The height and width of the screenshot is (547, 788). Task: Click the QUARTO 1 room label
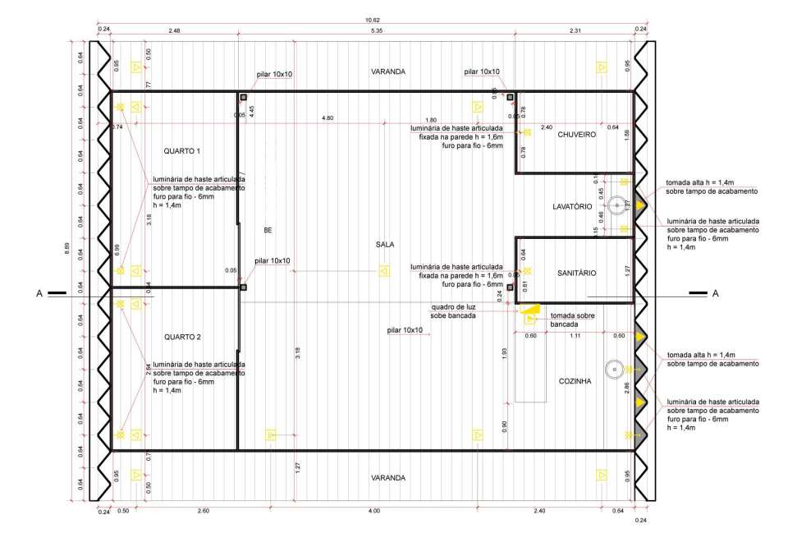click(x=182, y=151)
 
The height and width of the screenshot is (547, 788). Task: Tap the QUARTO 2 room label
click(x=182, y=337)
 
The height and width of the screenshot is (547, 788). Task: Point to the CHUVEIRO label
click(x=576, y=134)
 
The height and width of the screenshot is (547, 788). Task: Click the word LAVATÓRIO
click(x=572, y=207)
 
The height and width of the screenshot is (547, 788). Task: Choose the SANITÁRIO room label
click(x=576, y=273)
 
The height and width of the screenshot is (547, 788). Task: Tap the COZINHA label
click(x=575, y=381)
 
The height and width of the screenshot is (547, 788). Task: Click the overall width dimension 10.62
click(x=372, y=20)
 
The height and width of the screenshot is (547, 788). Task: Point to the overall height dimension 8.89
click(x=67, y=248)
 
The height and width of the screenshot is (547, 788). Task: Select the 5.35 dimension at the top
click(x=378, y=30)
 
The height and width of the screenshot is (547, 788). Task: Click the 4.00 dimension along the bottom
click(x=373, y=511)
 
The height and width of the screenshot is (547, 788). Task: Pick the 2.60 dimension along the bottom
click(x=204, y=511)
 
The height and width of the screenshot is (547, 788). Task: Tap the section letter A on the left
click(x=39, y=292)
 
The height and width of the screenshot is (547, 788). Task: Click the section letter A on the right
click(x=715, y=293)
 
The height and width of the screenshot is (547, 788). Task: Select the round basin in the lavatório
click(x=616, y=207)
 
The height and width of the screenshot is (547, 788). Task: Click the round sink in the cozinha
click(x=613, y=370)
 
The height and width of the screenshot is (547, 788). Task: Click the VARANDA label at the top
click(x=387, y=71)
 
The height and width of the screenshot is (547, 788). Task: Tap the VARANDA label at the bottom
click(x=387, y=477)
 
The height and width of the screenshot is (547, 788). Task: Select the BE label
click(x=268, y=231)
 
